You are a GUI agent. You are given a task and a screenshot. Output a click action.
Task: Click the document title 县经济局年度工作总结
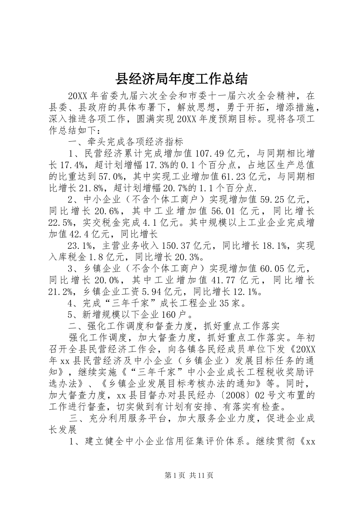point(182,79)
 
